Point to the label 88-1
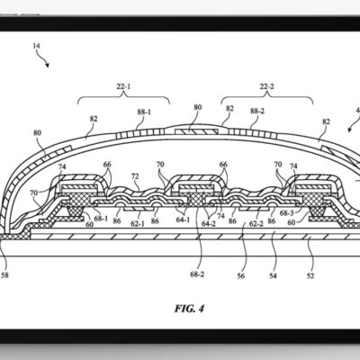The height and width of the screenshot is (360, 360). click(144, 113)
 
